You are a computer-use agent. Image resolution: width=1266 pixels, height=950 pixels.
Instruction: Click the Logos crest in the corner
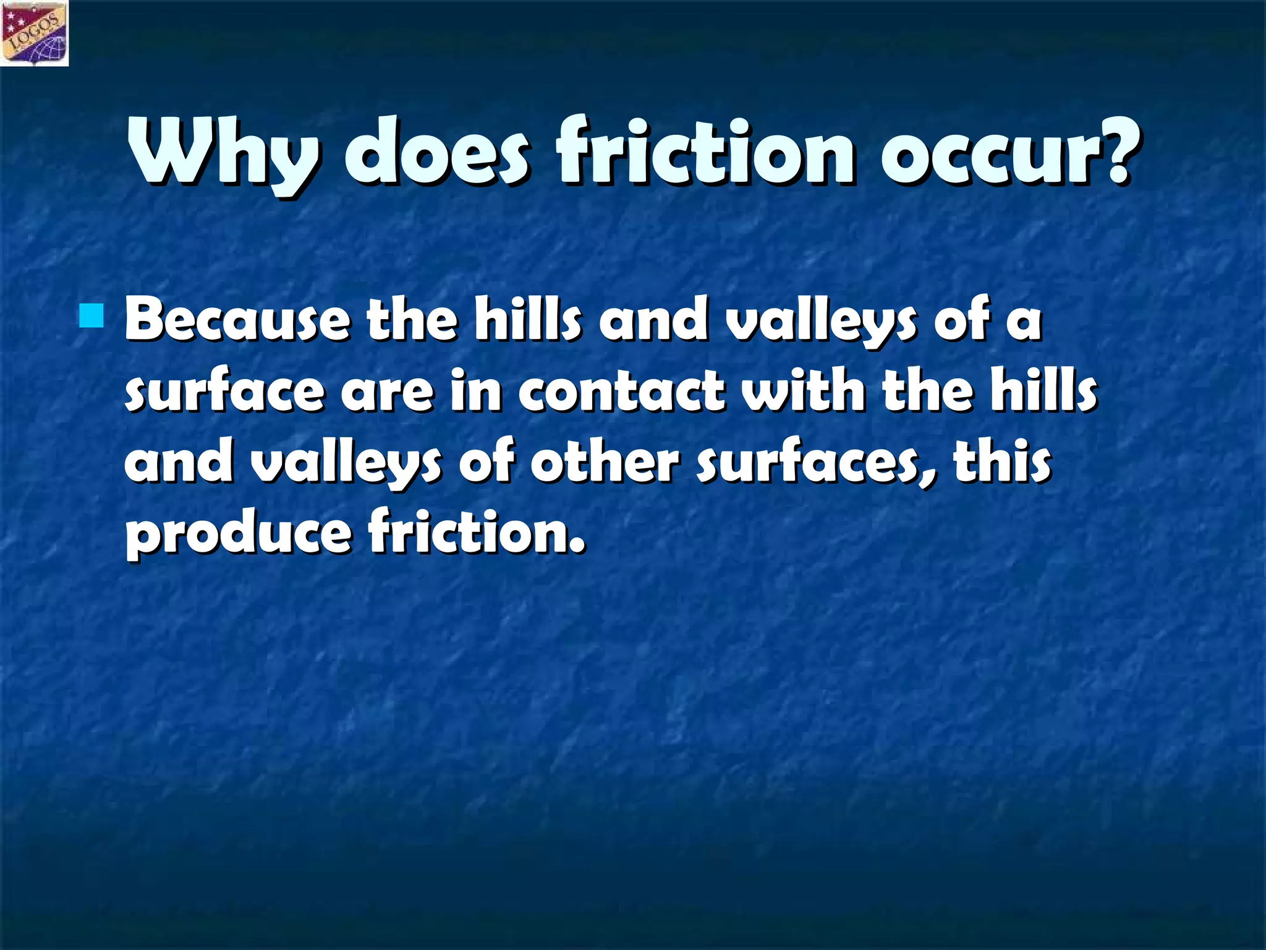[x=35, y=33]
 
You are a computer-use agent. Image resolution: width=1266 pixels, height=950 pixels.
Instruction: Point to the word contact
[x=621, y=392]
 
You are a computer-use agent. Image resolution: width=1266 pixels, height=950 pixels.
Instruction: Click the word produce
[x=239, y=534]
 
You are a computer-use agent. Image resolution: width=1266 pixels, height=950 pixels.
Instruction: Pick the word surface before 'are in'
[x=224, y=392]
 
